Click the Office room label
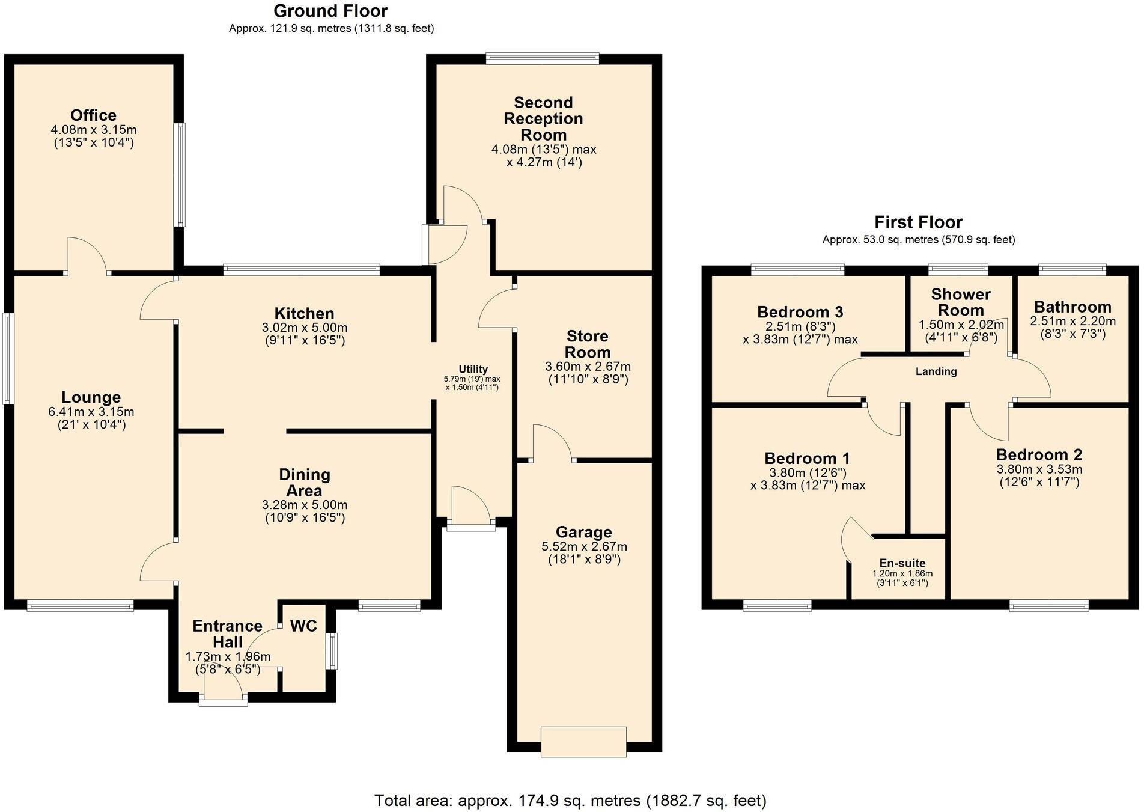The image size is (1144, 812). [x=93, y=115]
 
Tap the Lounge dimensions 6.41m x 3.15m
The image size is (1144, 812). [x=91, y=412]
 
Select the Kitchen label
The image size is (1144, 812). [x=304, y=313]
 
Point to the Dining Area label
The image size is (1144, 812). [x=305, y=483]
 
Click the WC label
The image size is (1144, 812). [x=303, y=626]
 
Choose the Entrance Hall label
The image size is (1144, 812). [x=227, y=634]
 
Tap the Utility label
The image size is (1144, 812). [x=473, y=369]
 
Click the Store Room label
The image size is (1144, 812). [x=587, y=344]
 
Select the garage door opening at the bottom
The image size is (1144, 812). [x=583, y=741]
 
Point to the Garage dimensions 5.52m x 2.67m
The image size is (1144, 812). [x=584, y=546]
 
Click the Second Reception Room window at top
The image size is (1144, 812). [x=543, y=58]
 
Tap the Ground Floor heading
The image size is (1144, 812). [x=330, y=11]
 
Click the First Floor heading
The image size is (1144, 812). [x=918, y=222]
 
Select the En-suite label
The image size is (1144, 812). [x=902, y=563]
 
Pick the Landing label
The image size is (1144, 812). [x=936, y=371]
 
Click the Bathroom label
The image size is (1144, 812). [x=1072, y=307]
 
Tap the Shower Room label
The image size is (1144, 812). [x=961, y=302]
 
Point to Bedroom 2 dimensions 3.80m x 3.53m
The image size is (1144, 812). [x=1039, y=469]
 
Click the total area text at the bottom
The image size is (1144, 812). [x=570, y=800]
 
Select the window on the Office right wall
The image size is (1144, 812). [x=180, y=175]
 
